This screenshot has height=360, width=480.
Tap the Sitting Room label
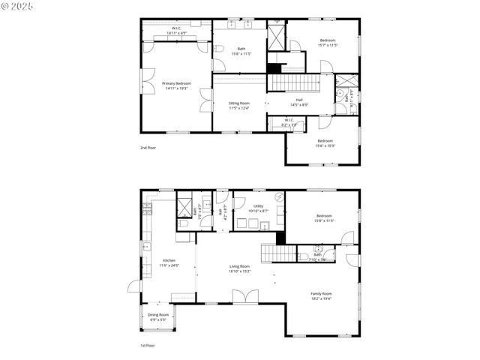pos(238,105)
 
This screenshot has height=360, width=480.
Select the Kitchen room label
pos(169,262)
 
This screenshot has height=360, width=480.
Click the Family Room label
pos(321,295)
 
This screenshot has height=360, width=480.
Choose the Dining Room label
pos(158,316)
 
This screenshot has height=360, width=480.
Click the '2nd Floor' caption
pos(148,148)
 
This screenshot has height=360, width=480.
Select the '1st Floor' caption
pos(148,346)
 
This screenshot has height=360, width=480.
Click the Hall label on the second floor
pos(298,102)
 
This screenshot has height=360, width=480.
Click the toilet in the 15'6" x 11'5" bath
pos(218,49)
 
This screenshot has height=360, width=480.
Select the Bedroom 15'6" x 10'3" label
pos(325,142)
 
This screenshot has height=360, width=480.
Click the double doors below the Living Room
pos(243,298)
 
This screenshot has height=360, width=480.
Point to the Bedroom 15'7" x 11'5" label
pos(328,42)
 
